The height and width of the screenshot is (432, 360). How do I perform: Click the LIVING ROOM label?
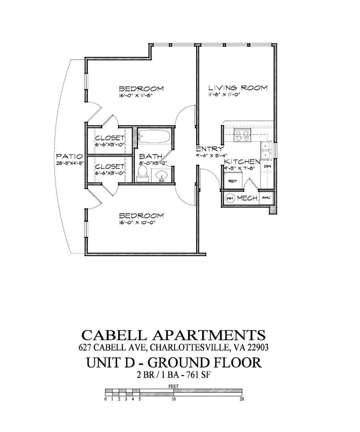(237, 88)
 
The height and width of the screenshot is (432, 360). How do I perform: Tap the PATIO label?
(69, 156)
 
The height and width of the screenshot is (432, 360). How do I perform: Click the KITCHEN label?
(242, 162)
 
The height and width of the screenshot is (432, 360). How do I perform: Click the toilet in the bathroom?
(142, 174)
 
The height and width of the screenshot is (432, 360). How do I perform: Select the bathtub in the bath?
(154, 137)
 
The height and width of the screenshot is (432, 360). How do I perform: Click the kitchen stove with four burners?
(242, 136)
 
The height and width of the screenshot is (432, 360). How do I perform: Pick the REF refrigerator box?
(231, 180)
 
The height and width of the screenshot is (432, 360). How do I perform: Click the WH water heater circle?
(230, 198)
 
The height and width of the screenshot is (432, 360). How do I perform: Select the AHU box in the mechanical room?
(265, 198)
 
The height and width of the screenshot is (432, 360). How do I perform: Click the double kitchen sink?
(265, 150)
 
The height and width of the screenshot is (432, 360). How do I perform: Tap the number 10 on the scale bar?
(173, 399)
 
